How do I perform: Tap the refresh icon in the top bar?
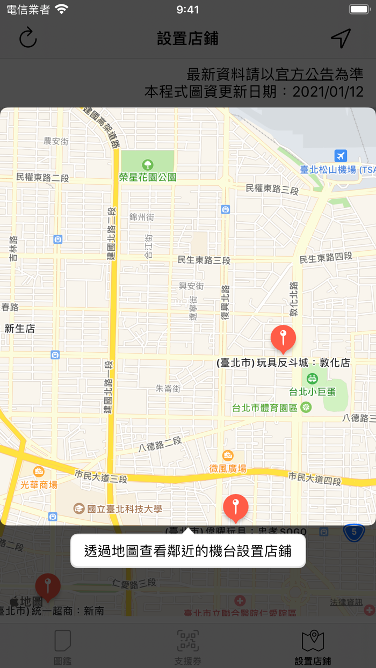28,38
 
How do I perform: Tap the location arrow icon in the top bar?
341,38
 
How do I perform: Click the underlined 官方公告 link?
304,74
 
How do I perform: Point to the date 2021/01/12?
328,92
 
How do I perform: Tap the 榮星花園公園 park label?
148,176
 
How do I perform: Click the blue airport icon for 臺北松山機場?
340,156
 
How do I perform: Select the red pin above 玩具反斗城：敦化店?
283,338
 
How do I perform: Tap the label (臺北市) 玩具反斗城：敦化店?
283,363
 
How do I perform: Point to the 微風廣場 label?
228,468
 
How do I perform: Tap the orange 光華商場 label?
39,484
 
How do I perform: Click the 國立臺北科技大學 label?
124,509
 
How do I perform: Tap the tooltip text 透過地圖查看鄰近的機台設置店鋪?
188,551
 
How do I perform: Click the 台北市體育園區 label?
265,408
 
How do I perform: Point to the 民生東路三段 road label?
204,260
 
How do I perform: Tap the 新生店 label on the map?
20,329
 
